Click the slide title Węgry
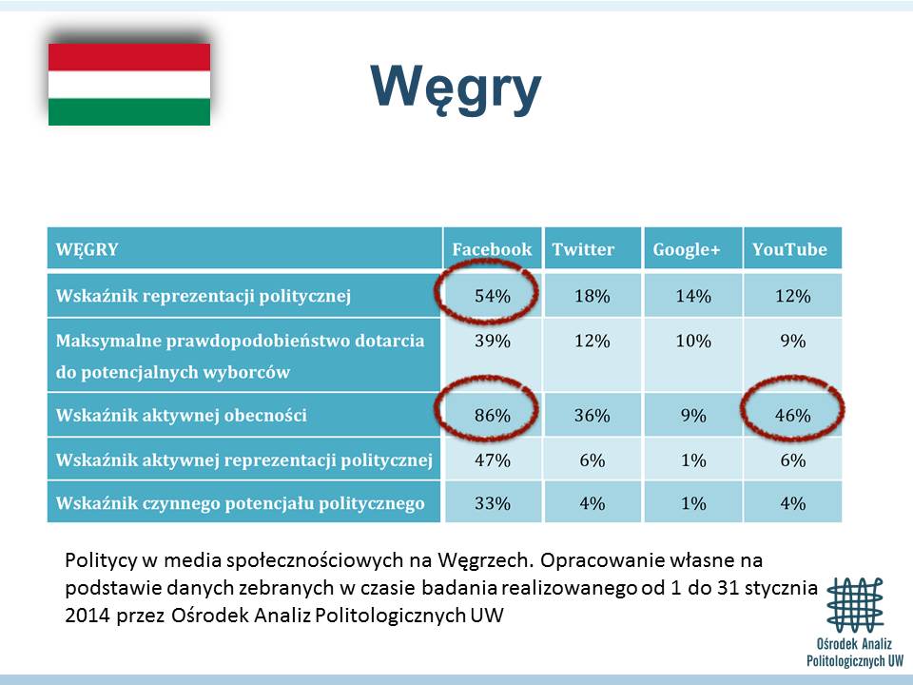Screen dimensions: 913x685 click(x=456, y=88)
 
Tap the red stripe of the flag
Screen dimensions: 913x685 click(x=129, y=57)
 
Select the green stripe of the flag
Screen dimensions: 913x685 click(x=129, y=111)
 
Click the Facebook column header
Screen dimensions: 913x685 click(x=492, y=249)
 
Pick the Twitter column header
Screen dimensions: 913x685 click(x=583, y=249)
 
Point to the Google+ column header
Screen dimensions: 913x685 click(x=687, y=249)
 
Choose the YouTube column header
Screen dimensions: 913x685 click(x=789, y=249)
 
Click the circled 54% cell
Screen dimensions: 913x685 click(x=493, y=296)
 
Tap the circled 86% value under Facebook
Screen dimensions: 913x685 click(x=493, y=416)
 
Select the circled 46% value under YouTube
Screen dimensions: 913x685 click(x=792, y=416)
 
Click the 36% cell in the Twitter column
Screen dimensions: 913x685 click(x=592, y=416)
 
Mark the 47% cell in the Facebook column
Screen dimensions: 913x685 click(x=493, y=460)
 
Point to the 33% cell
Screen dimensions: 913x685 click(x=493, y=503)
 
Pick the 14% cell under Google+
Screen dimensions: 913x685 click(x=693, y=296)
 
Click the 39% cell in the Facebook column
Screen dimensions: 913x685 click(x=493, y=341)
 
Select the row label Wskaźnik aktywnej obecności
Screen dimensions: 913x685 click(x=181, y=416)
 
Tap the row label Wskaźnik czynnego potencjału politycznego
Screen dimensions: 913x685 click(x=240, y=503)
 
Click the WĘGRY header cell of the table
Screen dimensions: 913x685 click(x=87, y=249)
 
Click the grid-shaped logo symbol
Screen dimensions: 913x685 click(x=855, y=605)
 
